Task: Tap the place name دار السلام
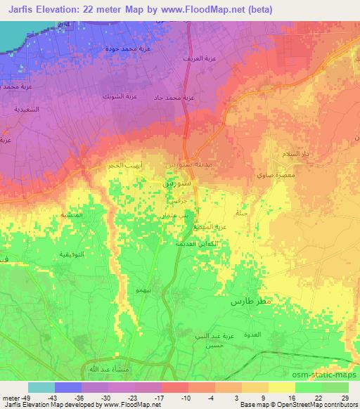pyautogui.click(x=295, y=153)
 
